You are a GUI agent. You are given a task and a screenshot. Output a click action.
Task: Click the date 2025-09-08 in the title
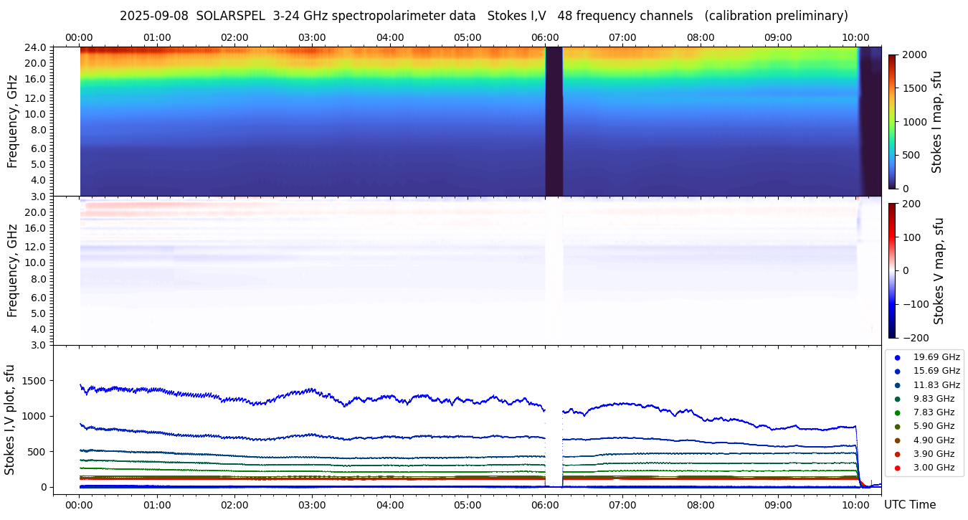coord(153,16)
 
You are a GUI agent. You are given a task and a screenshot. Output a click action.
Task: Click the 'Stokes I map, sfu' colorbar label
coord(937,122)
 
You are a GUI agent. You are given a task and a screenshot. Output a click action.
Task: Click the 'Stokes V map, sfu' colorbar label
coord(939,271)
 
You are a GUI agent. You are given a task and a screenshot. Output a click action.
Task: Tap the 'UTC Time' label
coord(909,505)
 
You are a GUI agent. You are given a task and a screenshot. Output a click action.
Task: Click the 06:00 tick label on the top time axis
coord(545,37)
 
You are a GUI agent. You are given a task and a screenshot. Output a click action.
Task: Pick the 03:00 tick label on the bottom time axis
coord(312,505)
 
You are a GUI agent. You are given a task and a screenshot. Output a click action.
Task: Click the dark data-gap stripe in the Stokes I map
coord(554,122)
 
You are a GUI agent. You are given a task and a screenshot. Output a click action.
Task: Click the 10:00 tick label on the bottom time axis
coord(855,505)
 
